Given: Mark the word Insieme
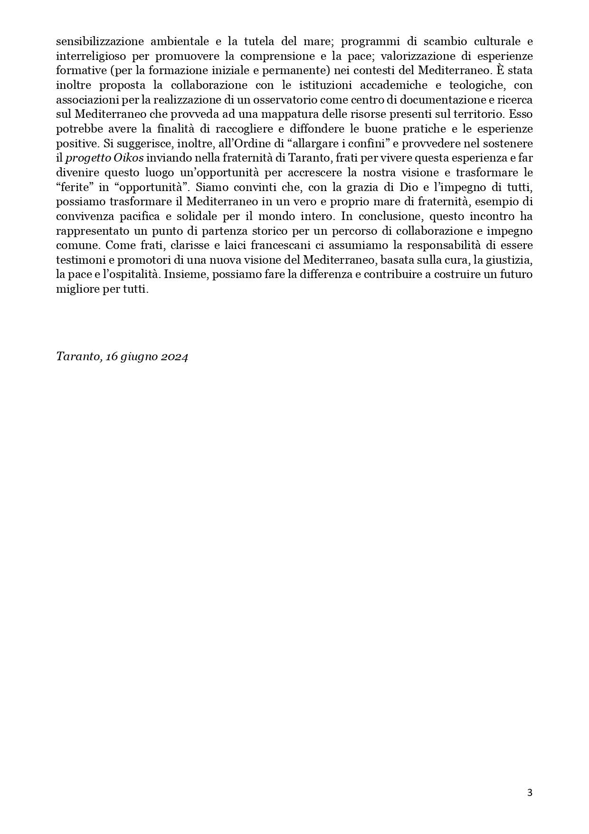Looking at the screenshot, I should click(x=188, y=274).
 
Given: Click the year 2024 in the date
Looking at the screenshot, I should click(x=174, y=356).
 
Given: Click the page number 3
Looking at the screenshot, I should click(x=530, y=793).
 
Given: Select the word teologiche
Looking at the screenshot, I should click(x=475, y=85).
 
